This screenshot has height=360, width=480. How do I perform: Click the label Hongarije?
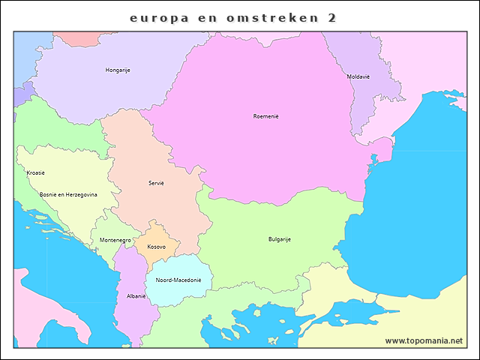[x=118, y=70]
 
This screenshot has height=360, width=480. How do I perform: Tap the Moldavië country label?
[x=358, y=76]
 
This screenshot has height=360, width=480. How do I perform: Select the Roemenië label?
[x=265, y=116]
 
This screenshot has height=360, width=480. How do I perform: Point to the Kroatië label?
[x=35, y=173]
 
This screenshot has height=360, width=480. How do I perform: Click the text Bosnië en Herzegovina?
[x=68, y=193]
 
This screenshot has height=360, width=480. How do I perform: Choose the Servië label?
[x=156, y=183]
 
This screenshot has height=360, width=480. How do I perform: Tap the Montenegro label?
[x=115, y=240]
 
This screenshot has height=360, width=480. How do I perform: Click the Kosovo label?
[x=156, y=247]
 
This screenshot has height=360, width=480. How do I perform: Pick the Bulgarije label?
[x=279, y=239]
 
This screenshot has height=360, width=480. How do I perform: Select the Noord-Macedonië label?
[x=178, y=280]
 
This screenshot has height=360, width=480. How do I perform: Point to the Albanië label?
[x=136, y=296]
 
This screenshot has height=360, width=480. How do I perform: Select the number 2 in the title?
[x=331, y=16]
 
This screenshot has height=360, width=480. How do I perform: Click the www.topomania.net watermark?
[x=424, y=340]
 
